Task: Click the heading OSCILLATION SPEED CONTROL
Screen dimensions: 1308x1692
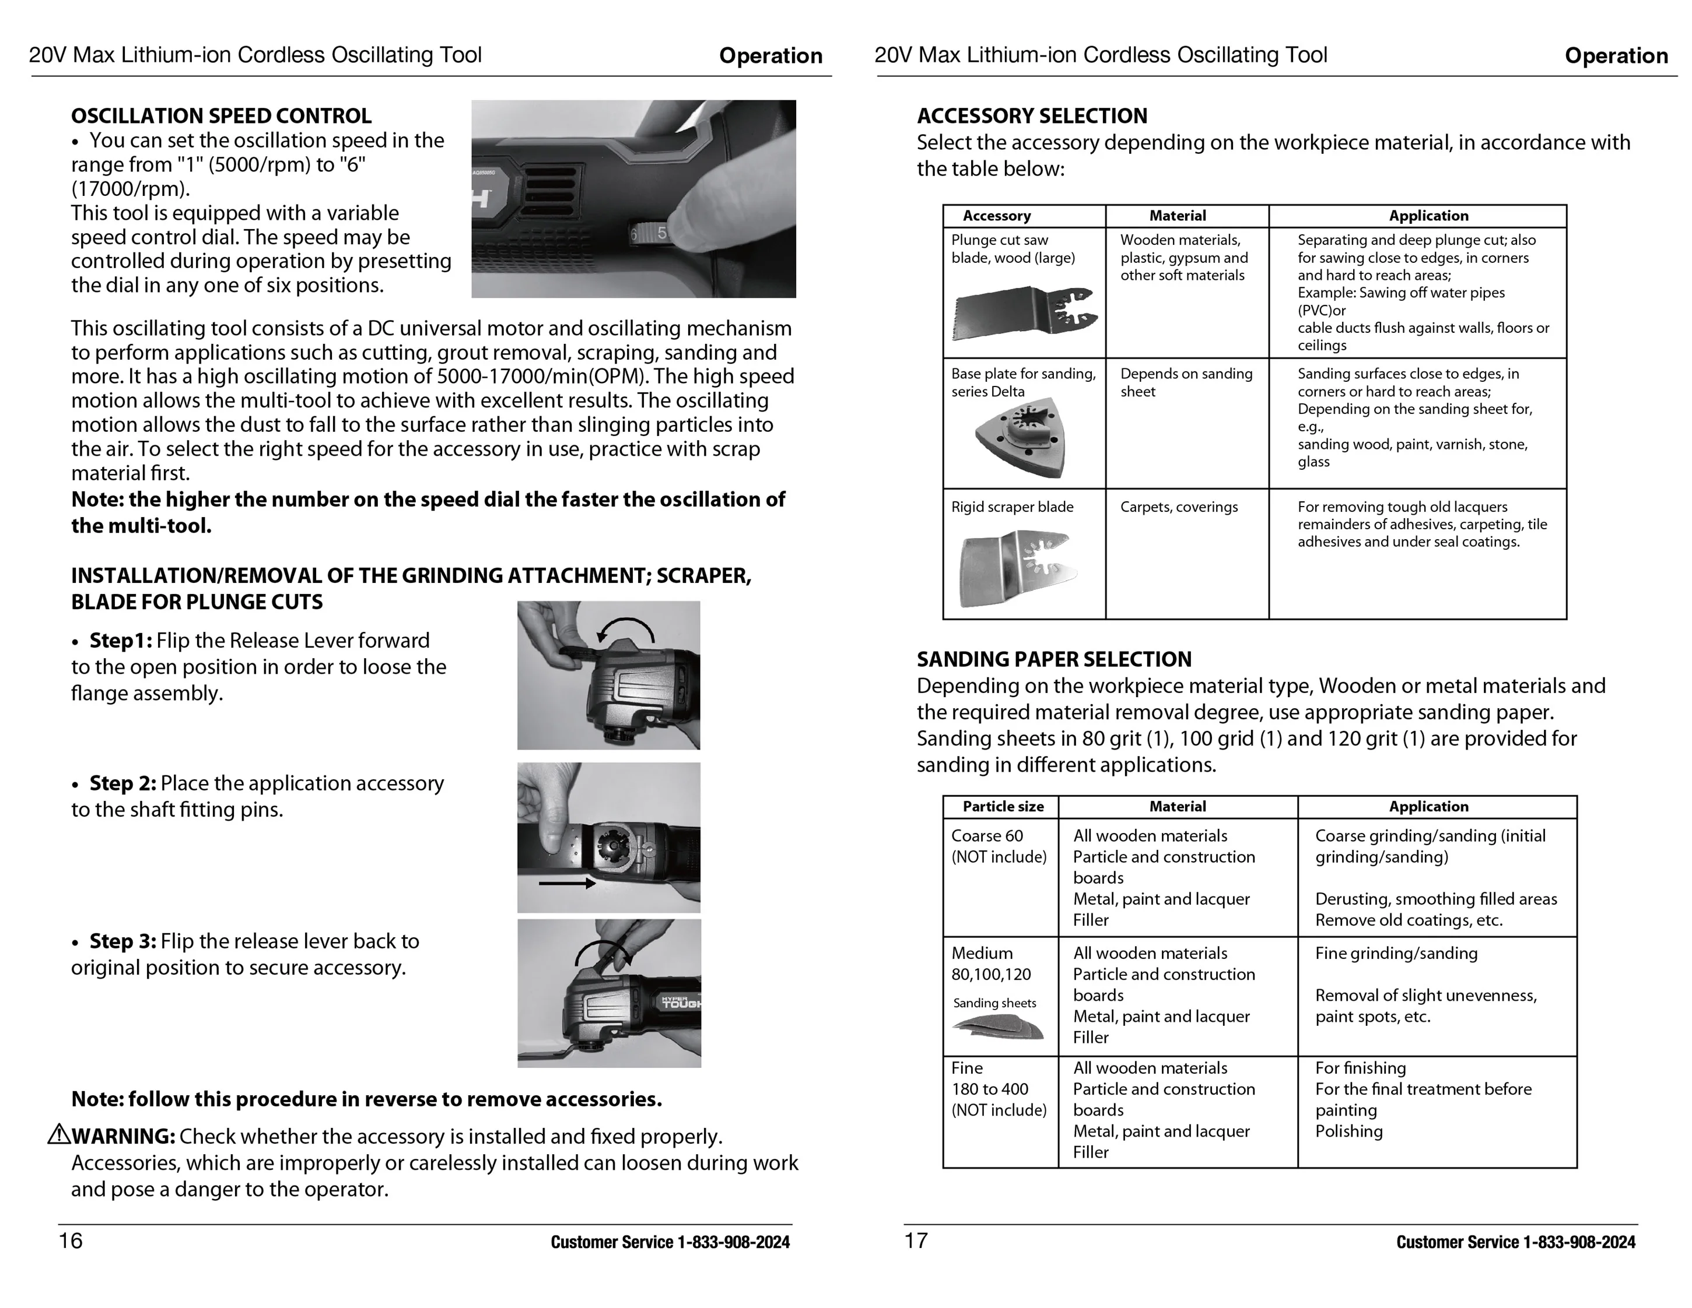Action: point(221,116)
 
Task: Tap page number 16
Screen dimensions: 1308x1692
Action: point(71,1240)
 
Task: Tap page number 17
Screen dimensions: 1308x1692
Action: point(916,1240)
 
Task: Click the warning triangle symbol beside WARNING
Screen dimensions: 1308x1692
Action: point(59,1135)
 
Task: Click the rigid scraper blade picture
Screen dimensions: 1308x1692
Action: point(1017,568)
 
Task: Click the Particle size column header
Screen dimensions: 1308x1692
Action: point(1003,806)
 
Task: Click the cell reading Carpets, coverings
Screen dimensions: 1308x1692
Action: point(1178,507)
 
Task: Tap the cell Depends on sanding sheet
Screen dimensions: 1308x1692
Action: point(1185,382)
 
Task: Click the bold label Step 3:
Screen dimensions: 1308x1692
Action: point(122,941)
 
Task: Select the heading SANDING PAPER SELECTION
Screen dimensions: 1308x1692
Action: point(1053,659)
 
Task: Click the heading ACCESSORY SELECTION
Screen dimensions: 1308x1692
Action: point(1031,116)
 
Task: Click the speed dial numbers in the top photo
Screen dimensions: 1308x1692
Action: point(649,233)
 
